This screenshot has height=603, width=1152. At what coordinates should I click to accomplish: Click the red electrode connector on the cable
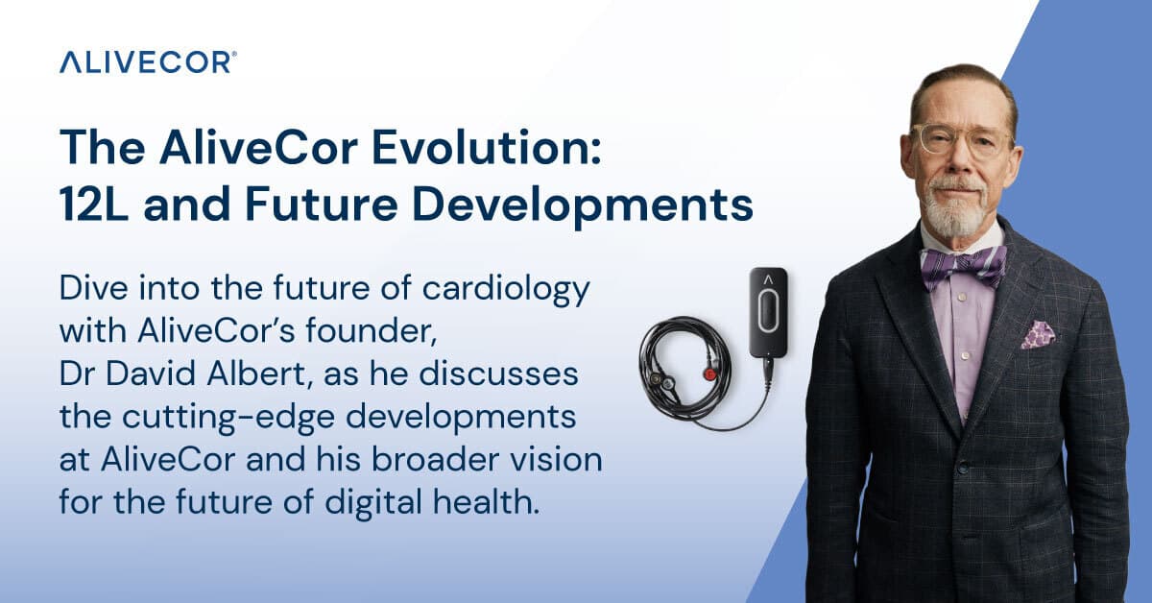709,374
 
